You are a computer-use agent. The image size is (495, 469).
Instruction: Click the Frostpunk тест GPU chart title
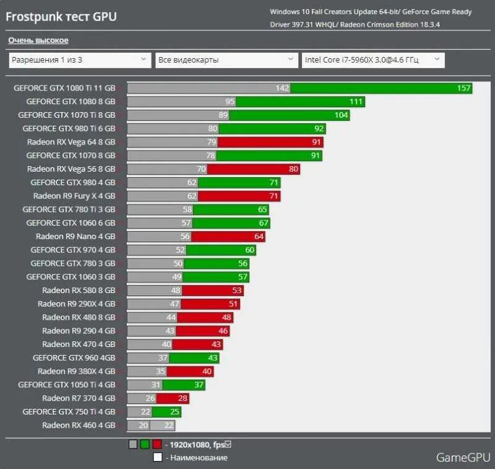tap(61, 17)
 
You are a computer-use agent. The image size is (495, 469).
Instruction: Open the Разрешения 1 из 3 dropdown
tap(80, 60)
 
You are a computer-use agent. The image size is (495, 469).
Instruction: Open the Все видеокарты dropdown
tap(226, 60)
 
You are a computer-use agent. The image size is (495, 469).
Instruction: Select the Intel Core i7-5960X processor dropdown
tap(373, 60)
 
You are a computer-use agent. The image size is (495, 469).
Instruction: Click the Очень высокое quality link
tap(38, 40)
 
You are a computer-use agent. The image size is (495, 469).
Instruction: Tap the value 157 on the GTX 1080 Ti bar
tap(464, 88)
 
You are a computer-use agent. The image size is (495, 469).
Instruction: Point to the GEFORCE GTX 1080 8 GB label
tap(71, 102)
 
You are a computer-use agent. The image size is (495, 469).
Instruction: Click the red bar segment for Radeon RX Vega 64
tap(270, 142)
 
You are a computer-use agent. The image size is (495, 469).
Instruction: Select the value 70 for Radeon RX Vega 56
tap(200, 169)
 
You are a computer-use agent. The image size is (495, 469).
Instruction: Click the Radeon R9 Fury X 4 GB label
tap(74, 196)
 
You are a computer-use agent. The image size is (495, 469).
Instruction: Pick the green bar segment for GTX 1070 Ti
tap(289, 115)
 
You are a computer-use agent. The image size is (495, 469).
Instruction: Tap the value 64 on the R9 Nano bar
tap(259, 236)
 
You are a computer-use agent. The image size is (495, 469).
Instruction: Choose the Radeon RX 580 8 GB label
tap(79, 290)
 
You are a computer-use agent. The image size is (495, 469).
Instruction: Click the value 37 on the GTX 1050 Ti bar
tap(199, 385)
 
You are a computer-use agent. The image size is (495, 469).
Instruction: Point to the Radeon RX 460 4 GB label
tap(79, 425)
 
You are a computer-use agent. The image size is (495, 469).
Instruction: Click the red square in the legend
tap(157, 444)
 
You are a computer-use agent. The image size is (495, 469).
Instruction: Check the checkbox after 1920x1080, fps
tap(228, 444)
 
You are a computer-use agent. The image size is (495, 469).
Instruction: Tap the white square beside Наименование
tap(158, 457)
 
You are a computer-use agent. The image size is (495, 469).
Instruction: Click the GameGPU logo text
tap(461, 457)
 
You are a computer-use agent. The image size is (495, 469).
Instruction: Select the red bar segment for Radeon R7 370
tap(173, 398)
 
